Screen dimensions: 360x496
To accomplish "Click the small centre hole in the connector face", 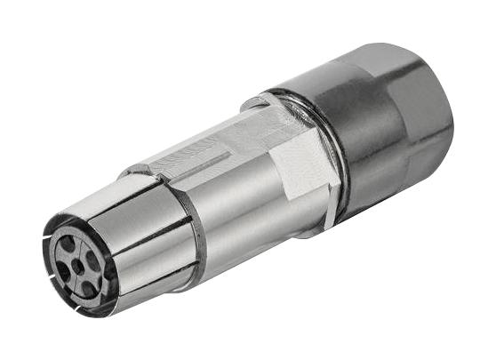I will click(x=77, y=266).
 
